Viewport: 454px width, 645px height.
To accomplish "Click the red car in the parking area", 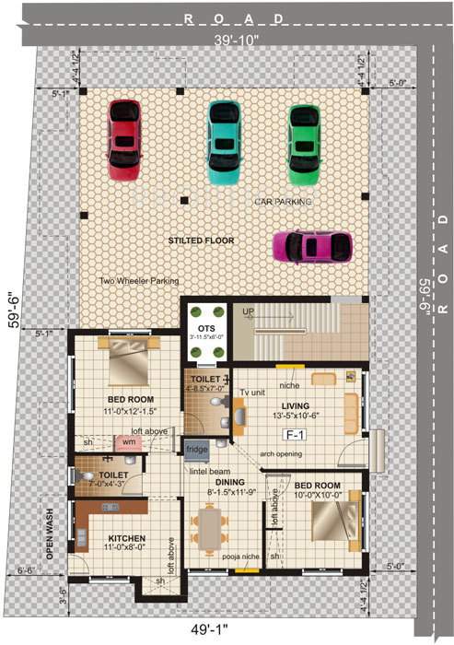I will (x=123, y=138).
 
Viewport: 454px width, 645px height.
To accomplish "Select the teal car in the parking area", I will (x=223, y=138).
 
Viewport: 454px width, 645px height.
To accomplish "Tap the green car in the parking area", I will (x=304, y=140).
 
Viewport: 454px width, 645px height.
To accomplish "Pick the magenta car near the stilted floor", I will (x=313, y=246).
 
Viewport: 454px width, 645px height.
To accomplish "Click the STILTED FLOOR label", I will (x=201, y=240).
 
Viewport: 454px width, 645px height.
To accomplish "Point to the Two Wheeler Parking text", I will (x=140, y=281).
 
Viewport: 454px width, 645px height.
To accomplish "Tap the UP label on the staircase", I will (x=248, y=313).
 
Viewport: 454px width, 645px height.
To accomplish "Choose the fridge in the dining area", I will (x=197, y=450).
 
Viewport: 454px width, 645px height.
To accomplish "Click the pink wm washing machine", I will (x=130, y=442).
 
